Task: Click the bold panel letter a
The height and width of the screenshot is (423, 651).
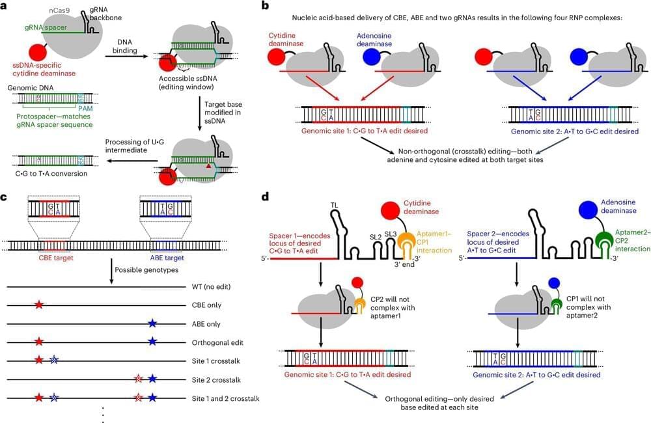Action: pyautogui.click(x=5, y=6)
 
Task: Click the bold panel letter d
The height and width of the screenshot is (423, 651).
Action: pyautogui.click(x=265, y=196)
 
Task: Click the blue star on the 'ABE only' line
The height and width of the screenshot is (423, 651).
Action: pyautogui.click(x=152, y=323)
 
